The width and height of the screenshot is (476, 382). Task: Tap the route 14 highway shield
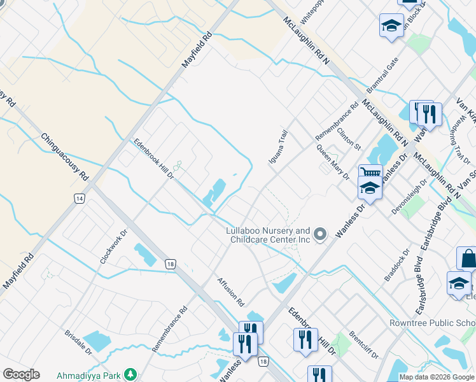point(79,199)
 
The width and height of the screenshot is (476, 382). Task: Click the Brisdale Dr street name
point(78,344)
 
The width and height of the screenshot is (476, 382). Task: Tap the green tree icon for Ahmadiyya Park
point(130,374)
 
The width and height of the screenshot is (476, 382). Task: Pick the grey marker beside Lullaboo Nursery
point(321,235)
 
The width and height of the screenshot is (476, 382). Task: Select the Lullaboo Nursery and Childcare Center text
point(269,235)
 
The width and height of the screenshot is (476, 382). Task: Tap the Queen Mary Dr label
point(333,159)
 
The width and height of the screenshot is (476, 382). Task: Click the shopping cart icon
point(369,172)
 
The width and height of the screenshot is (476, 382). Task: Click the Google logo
point(21,374)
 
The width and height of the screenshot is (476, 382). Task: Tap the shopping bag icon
point(467,258)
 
